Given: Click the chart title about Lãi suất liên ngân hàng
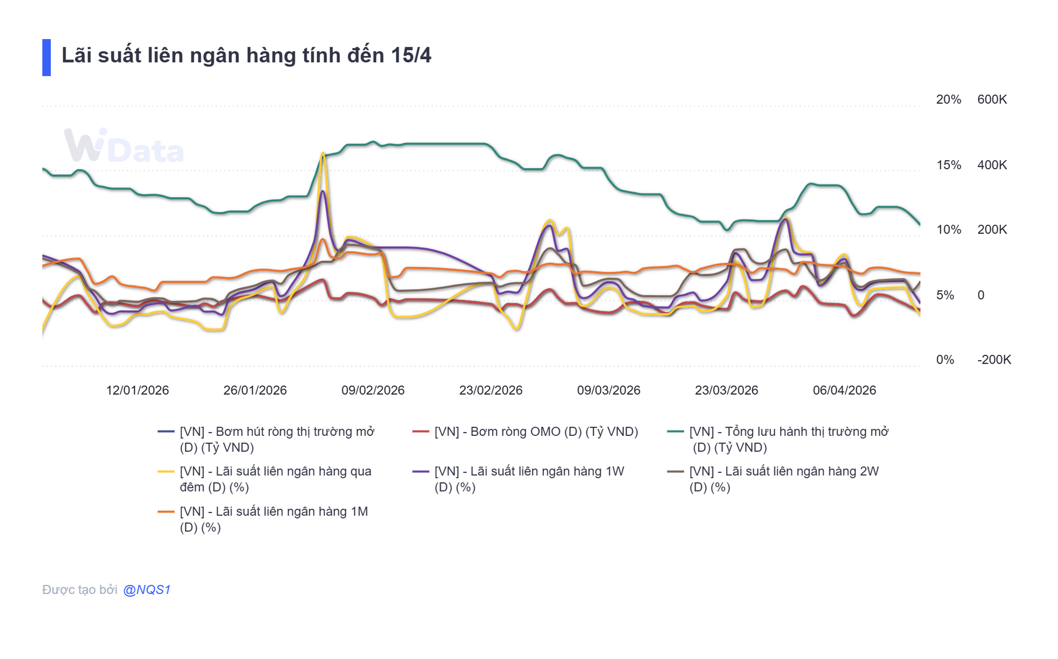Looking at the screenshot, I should (246, 56).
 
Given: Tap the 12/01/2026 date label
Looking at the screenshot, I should (137, 390).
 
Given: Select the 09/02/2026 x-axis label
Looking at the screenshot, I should (373, 390).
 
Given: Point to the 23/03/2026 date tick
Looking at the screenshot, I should (726, 390).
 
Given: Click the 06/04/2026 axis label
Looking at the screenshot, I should (844, 390).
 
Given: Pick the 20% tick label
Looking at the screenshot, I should (948, 100).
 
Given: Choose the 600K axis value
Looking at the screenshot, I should (992, 100).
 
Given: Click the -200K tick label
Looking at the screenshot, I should (994, 360).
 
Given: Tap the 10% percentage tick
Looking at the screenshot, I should (948, 230).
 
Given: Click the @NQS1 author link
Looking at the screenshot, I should (147, 590).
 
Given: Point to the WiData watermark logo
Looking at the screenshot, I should (123, 146).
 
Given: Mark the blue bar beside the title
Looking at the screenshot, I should (46, 57).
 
